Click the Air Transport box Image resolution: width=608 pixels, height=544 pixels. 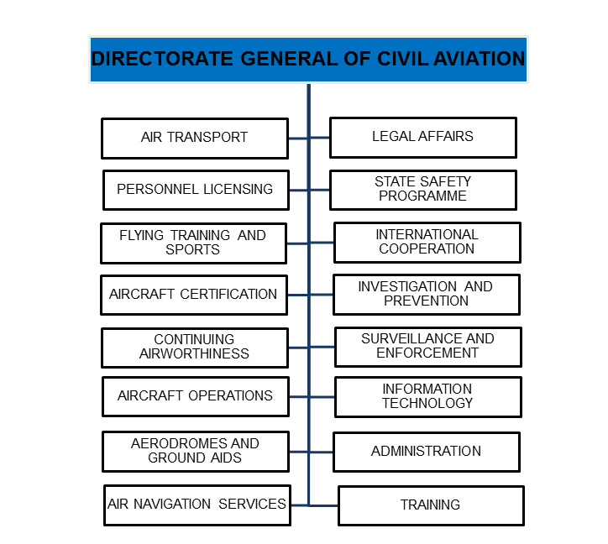[x=194, y=138]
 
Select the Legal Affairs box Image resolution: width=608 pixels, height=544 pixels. [x=422, y=137]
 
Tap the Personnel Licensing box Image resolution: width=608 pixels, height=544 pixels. [x=195, y=190]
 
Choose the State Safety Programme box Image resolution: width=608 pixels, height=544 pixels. [x=422, y=190]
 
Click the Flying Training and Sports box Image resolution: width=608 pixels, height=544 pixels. [x=193, y=243]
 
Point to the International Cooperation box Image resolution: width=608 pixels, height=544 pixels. [x=427, y=242]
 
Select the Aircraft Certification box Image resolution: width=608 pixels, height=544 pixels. [x=193, y=295]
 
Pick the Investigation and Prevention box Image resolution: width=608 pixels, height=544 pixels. [x=426, y=294]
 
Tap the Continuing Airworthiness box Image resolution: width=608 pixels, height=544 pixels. [x=194, y=347]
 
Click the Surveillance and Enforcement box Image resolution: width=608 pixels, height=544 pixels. [x=427, y=346]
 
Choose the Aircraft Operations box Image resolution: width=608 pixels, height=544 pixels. [x=195, y=396]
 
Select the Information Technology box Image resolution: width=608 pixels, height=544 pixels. [x=427, y=396]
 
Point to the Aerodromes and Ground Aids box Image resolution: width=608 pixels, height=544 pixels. [x=195, y=451]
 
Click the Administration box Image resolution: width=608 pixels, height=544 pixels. [x=426, y=452]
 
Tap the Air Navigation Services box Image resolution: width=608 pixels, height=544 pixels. [x=197, y=505]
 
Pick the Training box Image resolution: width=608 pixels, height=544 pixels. [x=431, y=505]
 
